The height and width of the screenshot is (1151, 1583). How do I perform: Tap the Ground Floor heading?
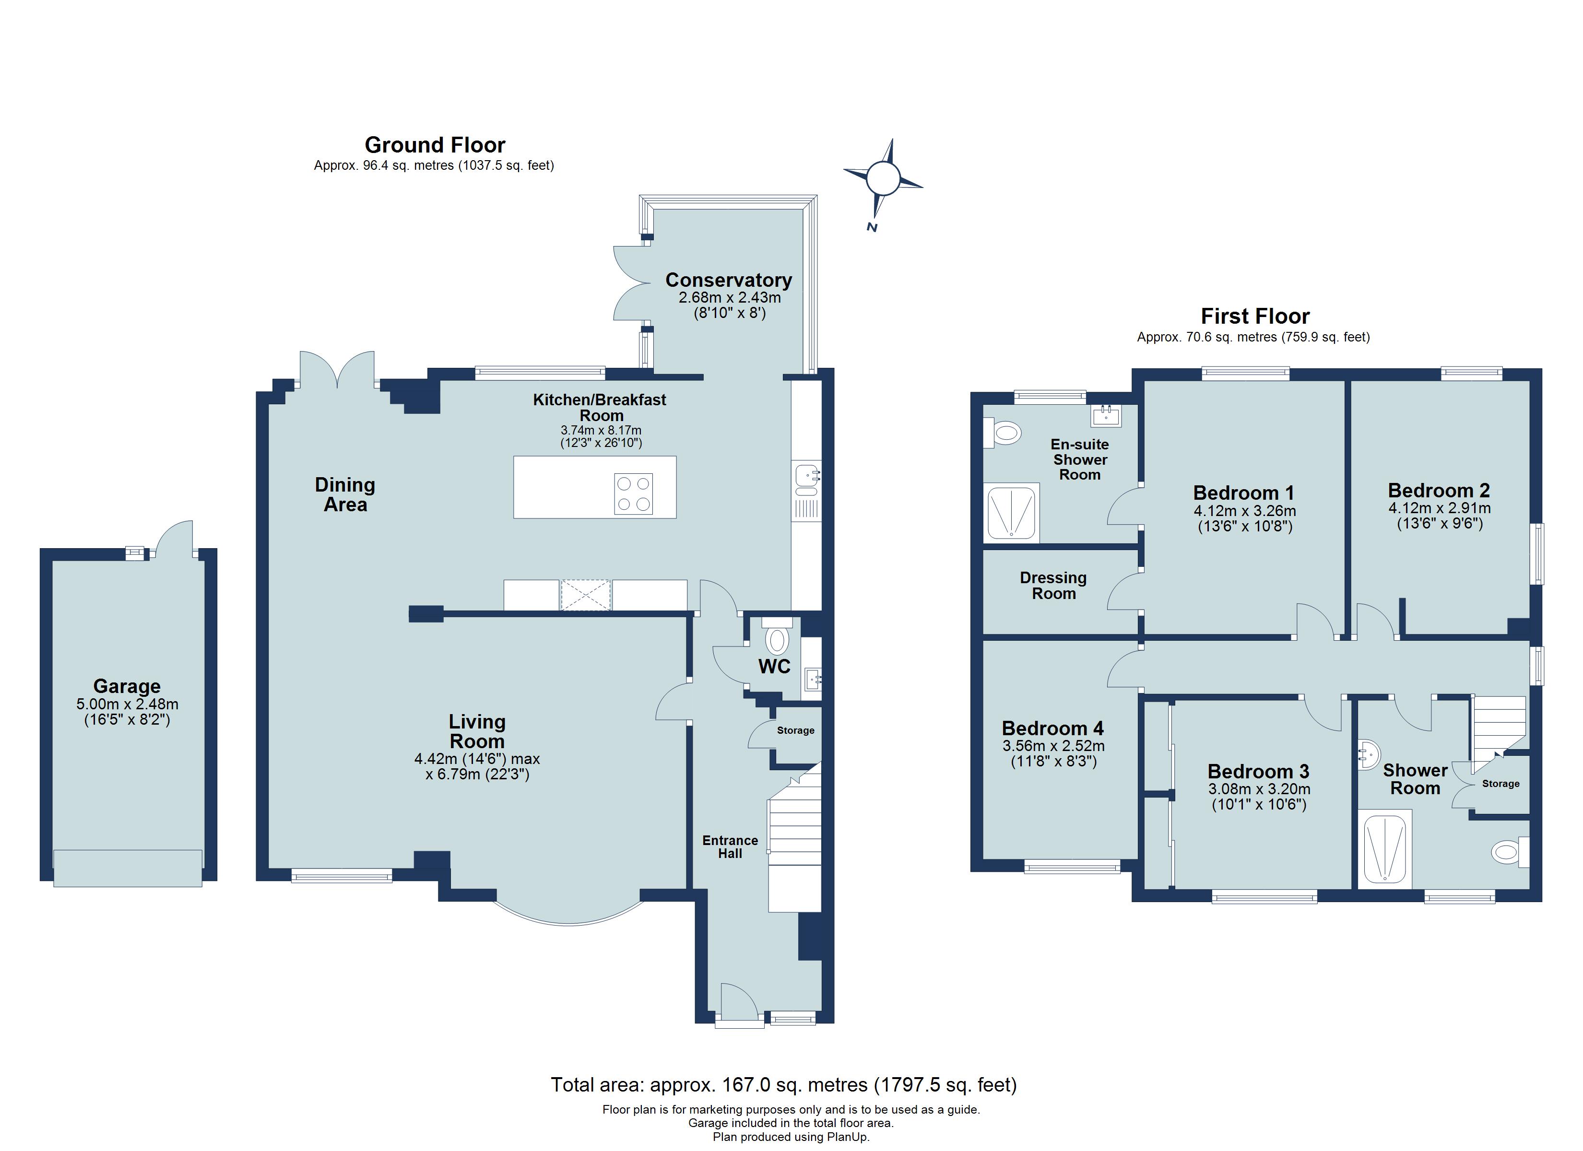pyautogui.click(x=434, y=145)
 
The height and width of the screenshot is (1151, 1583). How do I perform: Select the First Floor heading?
pyautogui.click(x=1254, y=316)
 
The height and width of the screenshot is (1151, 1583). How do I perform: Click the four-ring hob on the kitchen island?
pyautogui.click(x=634, y=493)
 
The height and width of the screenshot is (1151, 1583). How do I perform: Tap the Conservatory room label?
pyautogui.click(x=729, y=280)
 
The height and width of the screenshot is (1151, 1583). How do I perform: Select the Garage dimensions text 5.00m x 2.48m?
pyautogui.click(x=127, y=704)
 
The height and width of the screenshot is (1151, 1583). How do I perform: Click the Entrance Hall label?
pyautogui.click(x=730, y=846)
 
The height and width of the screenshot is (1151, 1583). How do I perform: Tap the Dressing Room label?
pyautogui.click(x=1053, y=586)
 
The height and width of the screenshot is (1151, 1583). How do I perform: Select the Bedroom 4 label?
pyautogui.click(x=1052, y=728)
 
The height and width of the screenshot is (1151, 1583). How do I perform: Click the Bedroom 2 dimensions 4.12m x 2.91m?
pyautogui.click(x=1439, y=508)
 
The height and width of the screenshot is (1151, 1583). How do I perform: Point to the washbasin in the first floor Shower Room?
pyautogui.click(x=1369, y=754)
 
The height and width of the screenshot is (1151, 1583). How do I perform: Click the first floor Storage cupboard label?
pyautogui.click(x=1500, y=783)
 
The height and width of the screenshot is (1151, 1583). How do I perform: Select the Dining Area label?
pyautogui.click(x=345, y=494)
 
